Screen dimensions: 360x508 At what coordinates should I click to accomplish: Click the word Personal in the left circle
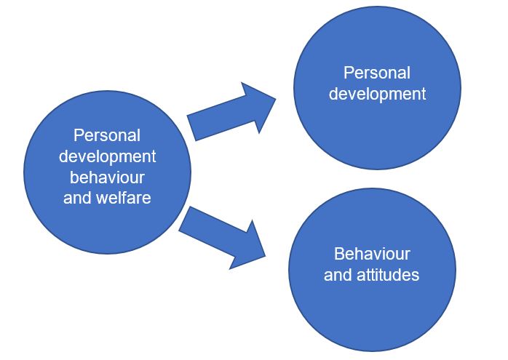(107, 135)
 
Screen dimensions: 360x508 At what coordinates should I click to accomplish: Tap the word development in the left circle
(107, 156)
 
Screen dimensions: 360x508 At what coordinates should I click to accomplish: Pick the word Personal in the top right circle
(377, 73)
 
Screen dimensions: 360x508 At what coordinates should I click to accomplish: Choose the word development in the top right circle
(377, 94)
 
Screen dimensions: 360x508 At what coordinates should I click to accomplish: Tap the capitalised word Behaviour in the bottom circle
(372, 255)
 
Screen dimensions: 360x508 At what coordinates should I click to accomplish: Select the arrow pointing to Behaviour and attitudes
(222, 236)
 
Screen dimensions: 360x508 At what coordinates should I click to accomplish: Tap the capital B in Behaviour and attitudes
(338, 255)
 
